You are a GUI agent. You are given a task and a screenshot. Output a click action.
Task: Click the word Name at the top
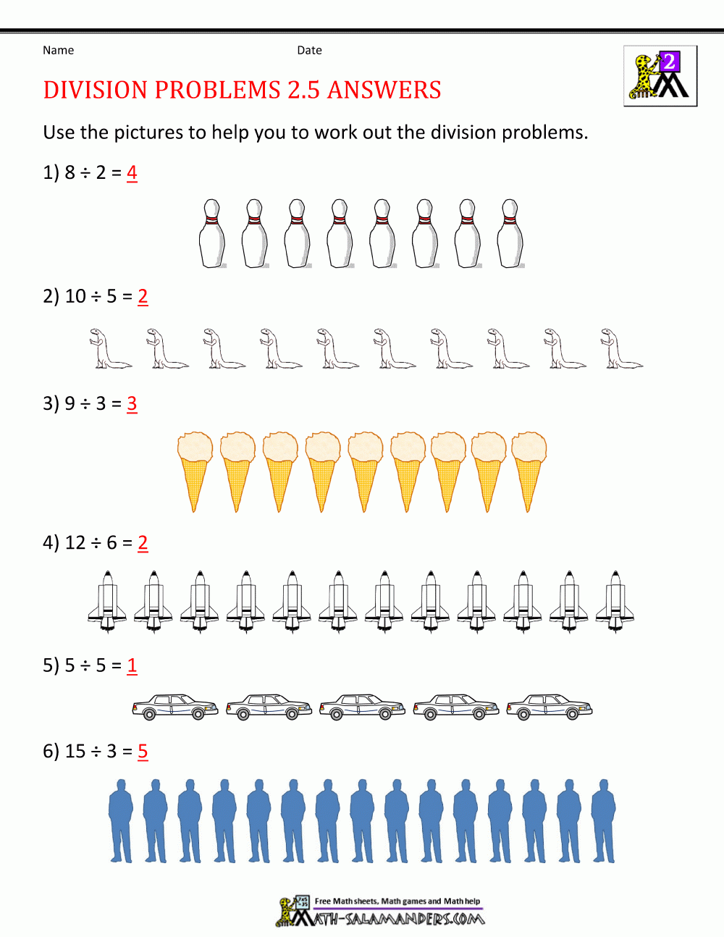point(58,50)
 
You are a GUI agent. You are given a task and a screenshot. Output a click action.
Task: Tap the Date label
point(309,50)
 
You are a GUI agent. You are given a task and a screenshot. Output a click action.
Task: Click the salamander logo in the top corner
point(660,76)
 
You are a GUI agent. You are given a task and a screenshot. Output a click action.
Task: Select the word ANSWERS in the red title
point(384,90)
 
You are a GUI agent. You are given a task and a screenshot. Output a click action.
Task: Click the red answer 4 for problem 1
point(132,172)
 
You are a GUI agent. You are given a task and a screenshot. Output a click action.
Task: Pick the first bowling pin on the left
point(211,233)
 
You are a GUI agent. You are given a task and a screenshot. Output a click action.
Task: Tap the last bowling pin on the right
point(510,233)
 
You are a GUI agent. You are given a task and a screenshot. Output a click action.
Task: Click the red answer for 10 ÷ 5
point(143,296)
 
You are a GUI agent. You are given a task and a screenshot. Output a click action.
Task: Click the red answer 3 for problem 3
point(132,403)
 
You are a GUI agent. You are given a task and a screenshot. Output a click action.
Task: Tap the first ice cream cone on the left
point(195,471)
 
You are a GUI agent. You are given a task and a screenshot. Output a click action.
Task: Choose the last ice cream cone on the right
point(529,471)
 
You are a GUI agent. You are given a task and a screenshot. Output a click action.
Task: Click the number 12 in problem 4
point(75,542)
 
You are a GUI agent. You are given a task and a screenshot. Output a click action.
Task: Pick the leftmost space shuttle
point(107,601)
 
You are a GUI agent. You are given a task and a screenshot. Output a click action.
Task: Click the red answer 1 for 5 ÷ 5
point(132,665)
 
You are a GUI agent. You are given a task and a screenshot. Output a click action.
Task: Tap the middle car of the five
point(361,707)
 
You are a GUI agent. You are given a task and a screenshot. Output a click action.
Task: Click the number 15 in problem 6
point(75,751)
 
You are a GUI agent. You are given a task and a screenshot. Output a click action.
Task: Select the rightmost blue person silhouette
point(603,821)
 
